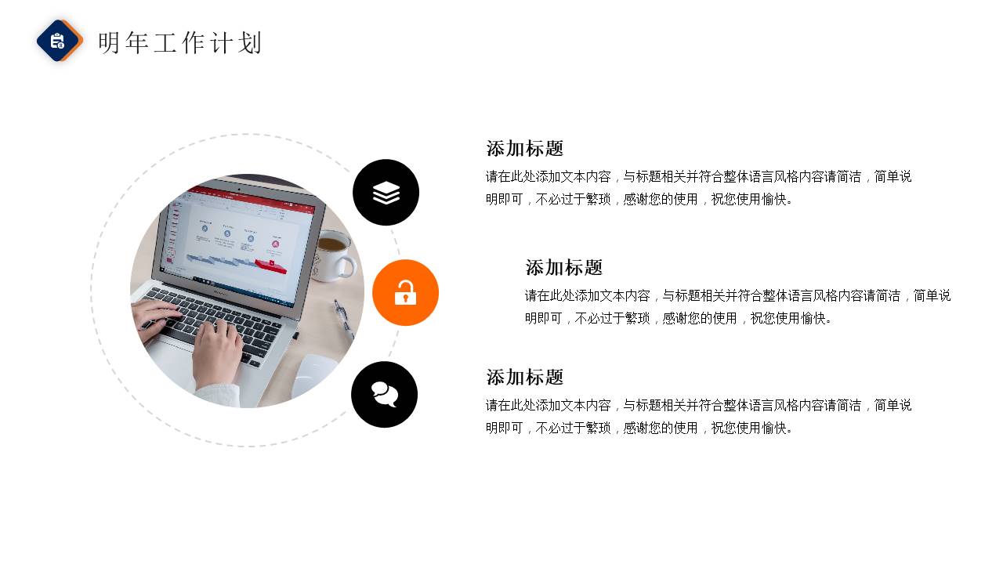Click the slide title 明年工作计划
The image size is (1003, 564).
tap(180, 43)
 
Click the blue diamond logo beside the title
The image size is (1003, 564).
tap(59, 41)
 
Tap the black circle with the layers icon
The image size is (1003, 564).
tap(386, 192)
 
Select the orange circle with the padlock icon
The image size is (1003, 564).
tap(405, 292)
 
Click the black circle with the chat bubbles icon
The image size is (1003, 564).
tap(384, 394)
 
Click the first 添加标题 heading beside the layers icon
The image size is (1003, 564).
tap(524, 149)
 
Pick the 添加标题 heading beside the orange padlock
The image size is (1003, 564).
tap(563, 268)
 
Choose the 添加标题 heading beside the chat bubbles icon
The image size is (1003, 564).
tap(524, 378)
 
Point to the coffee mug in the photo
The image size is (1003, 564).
tap(333, 255)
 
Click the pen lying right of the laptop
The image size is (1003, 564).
tap(344, 318)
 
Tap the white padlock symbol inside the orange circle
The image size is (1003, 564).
tap(405, 293)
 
